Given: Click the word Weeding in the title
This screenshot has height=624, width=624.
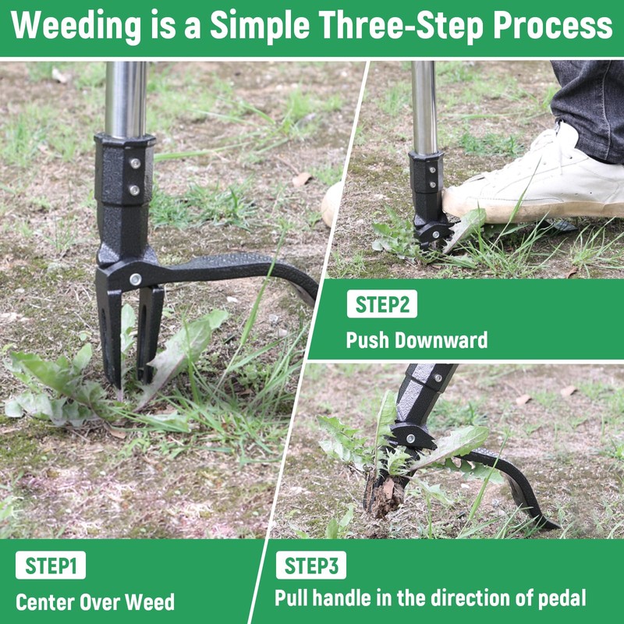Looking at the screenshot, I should tap(75, 27).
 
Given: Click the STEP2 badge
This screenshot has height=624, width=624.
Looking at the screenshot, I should tap(381, 305).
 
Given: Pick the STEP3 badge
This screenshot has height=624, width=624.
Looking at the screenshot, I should tap(310, 565).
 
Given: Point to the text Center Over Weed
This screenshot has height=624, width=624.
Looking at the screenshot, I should tap(95, 602).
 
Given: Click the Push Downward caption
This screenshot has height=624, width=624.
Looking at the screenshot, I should tap(417, 340).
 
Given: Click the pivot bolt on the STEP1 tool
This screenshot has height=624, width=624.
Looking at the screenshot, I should tap(136, 279).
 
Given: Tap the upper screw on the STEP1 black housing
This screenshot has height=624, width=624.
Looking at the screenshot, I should tap(135, 164).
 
